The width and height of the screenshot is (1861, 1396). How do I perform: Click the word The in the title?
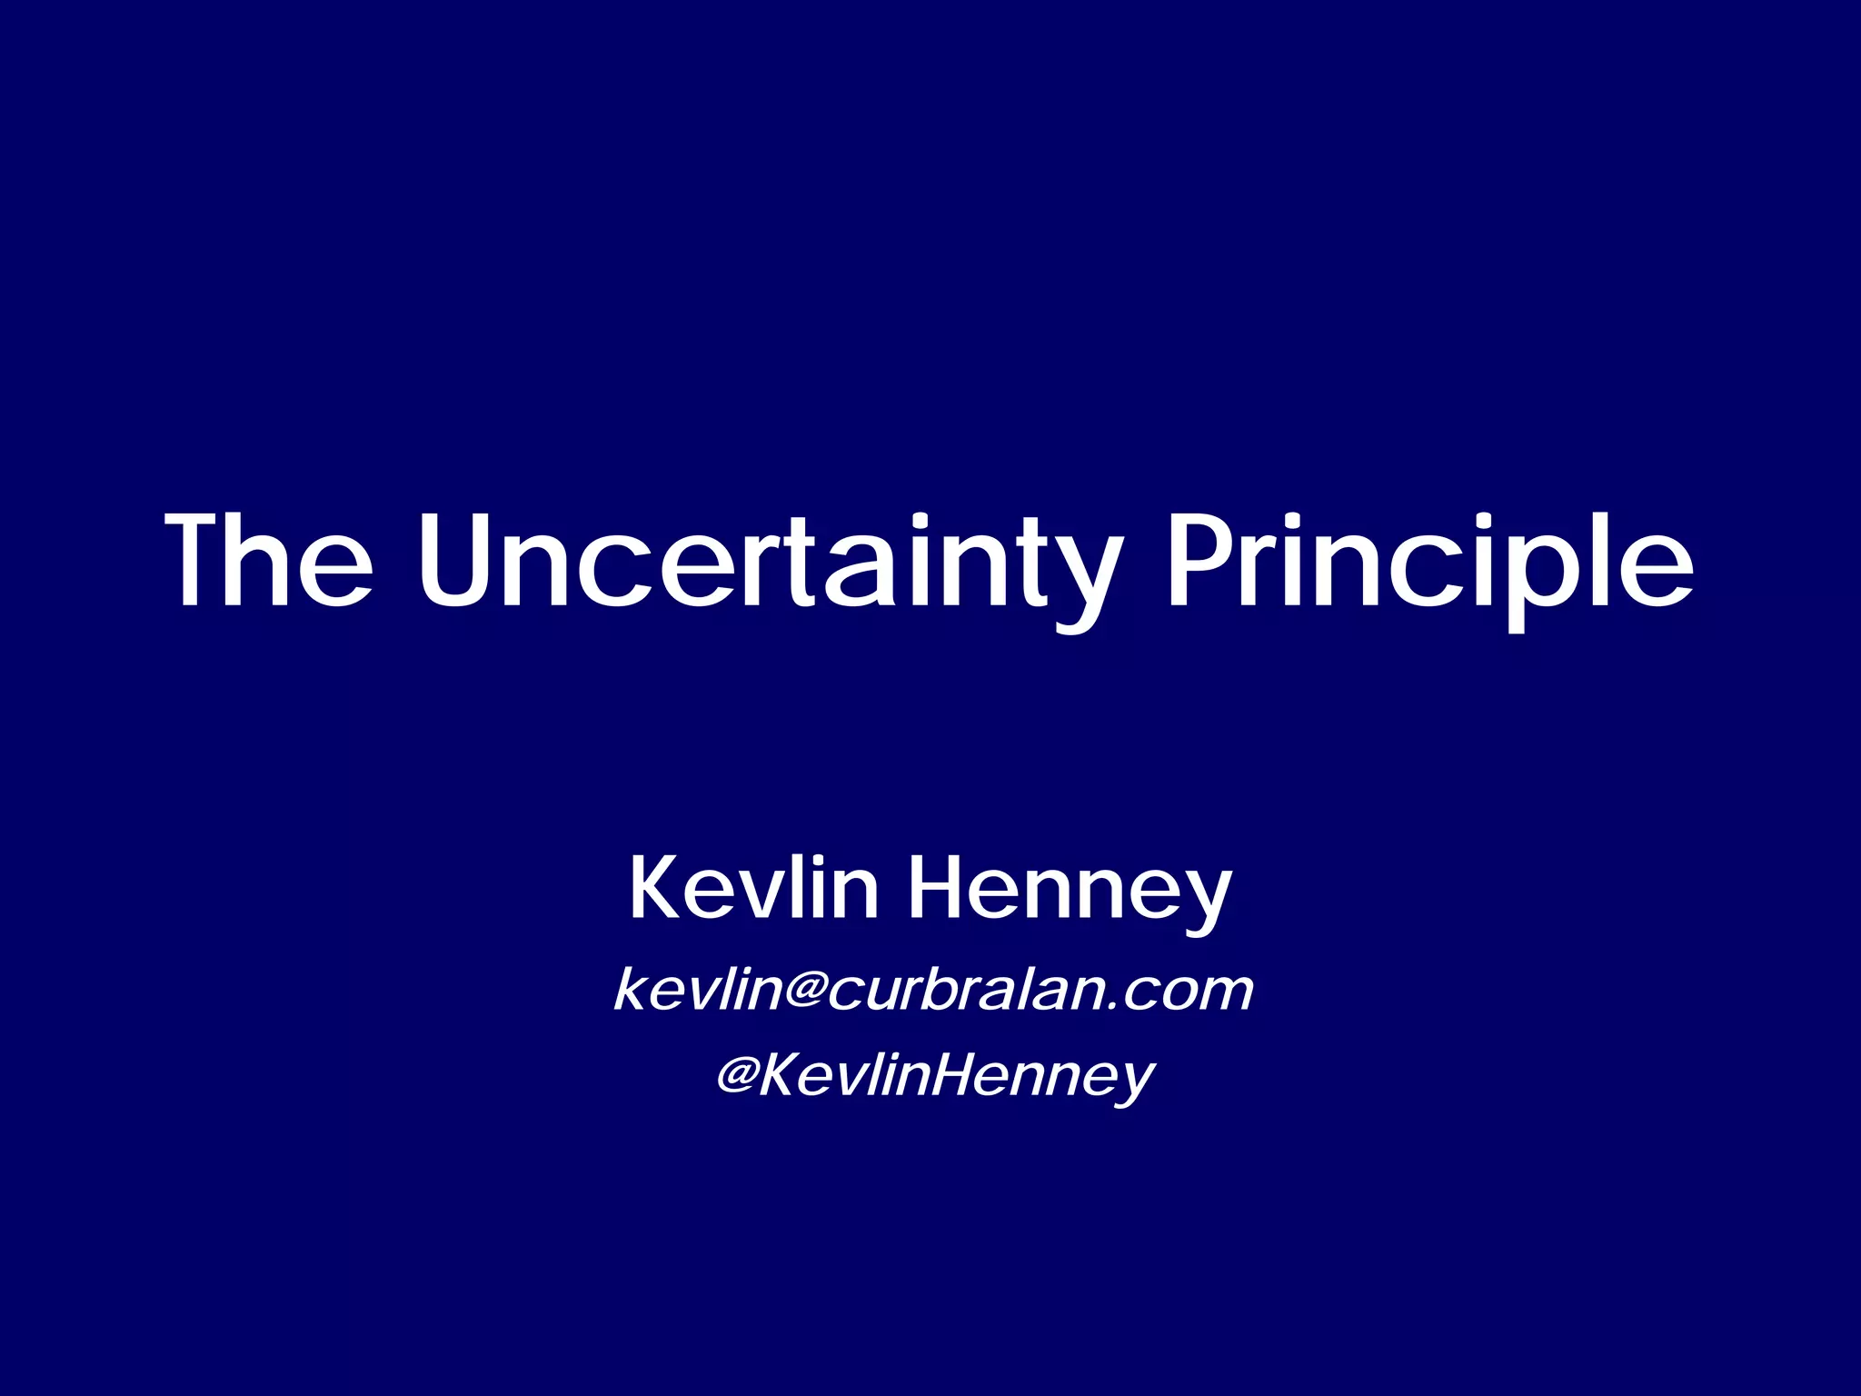point(269,560)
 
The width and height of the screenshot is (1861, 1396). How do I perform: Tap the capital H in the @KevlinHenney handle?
point(934,1077)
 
